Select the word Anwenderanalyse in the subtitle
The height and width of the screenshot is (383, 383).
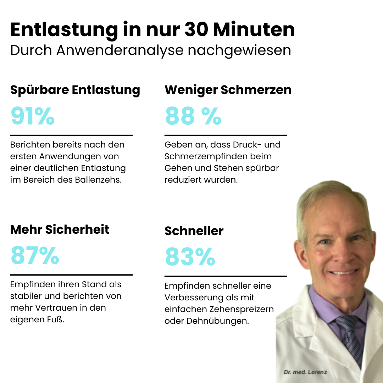point(120,50)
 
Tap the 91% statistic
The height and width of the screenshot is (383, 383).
point(33,116)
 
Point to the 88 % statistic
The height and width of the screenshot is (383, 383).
point(193,116)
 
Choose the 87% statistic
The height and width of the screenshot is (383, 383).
point(35,256)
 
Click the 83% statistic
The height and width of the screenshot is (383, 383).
point(190,257)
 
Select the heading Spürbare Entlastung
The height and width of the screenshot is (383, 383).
point(75,90)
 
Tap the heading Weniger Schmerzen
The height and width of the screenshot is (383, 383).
point(228,90)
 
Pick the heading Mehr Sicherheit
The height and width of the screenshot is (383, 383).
point(60,229)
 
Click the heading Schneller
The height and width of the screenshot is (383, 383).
point(194,231)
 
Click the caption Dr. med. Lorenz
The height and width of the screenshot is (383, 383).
point(305,372)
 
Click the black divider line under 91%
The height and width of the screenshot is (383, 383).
point(71,135)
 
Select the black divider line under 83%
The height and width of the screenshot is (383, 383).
point(226,276)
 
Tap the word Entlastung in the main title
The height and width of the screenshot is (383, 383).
point(64,30)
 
